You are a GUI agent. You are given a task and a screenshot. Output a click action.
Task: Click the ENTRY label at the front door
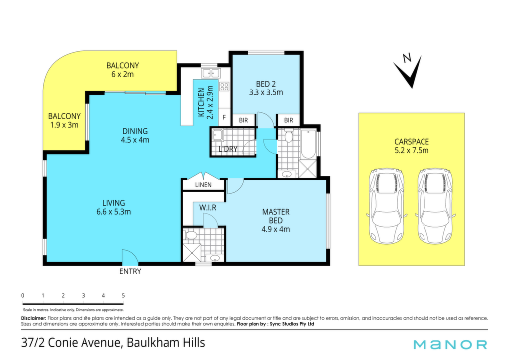pyautogui.click(x=130, y=271)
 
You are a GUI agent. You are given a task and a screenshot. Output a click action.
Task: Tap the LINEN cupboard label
pyautogui.click(x=203, y=185)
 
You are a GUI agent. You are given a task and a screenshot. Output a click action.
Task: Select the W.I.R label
pyautogui.click(x=208, y=207)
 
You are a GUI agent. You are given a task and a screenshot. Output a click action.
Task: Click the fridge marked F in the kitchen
pyautogui.click(x=224, y=117)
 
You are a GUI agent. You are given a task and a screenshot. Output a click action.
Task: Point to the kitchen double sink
pyautogui.click(x=210, y=73)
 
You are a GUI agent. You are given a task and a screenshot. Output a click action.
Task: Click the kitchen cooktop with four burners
pyautogui.click(x=224, y=87)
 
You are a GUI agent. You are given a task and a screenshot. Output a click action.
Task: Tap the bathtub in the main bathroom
pyautogui.click(x=308, y=144)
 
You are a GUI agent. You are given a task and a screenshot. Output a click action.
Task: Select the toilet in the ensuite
pyautogui.click(x=191, y=235)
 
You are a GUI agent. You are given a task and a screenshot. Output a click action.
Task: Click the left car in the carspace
pyautogui.click(x=386, y=206)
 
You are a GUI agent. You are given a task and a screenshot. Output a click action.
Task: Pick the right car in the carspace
pyautogui.click(x=435, y=206)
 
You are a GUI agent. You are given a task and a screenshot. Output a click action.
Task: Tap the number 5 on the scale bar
pyautogui.click(x=123, y=296)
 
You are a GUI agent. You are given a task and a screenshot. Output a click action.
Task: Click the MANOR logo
pyautogui.click(x=450, y=345)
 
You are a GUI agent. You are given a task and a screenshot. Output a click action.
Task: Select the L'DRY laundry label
pyautogui.click(x=228, y=149)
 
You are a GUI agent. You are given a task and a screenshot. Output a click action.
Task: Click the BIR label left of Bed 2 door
pyautogui.click(x=243, y=120)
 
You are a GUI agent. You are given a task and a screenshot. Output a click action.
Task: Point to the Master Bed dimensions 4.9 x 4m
pyautogui.click(x=276, y=229)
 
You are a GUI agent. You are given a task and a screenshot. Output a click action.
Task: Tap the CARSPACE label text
pyautogui.click(x=412, y=142)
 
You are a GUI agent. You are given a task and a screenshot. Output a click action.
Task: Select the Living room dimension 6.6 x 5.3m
pyautogui.click(x=114, y=212)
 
